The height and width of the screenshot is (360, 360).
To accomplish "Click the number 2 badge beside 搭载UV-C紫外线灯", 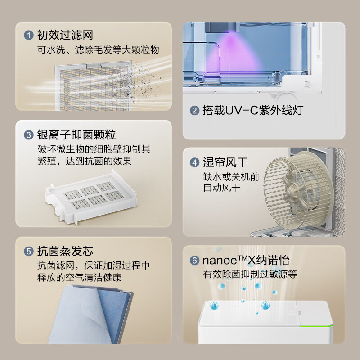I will (194, 111).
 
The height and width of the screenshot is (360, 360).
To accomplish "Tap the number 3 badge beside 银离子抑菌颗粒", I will (29, 135).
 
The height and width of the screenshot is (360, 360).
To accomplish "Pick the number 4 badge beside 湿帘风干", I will (195, 162).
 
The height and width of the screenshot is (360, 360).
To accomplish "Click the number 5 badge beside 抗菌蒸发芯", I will (29, 251).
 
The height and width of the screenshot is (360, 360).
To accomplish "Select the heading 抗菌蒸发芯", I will (65, 251).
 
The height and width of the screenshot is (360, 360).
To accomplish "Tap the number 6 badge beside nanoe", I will (195, 260).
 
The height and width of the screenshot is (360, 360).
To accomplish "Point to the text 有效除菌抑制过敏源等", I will (250, 274).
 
